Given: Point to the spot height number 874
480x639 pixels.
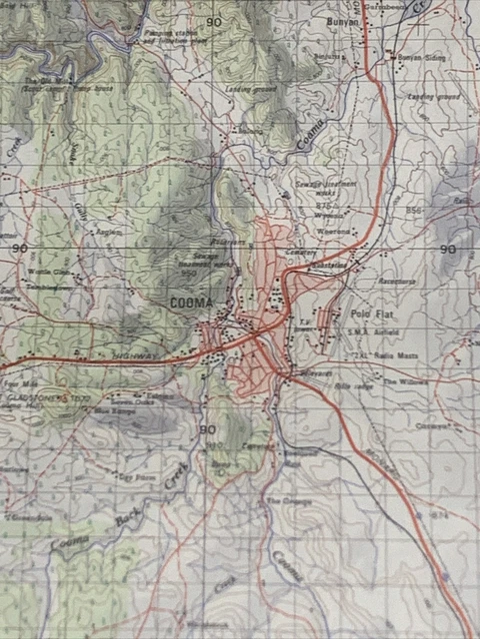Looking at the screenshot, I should point(438,515).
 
